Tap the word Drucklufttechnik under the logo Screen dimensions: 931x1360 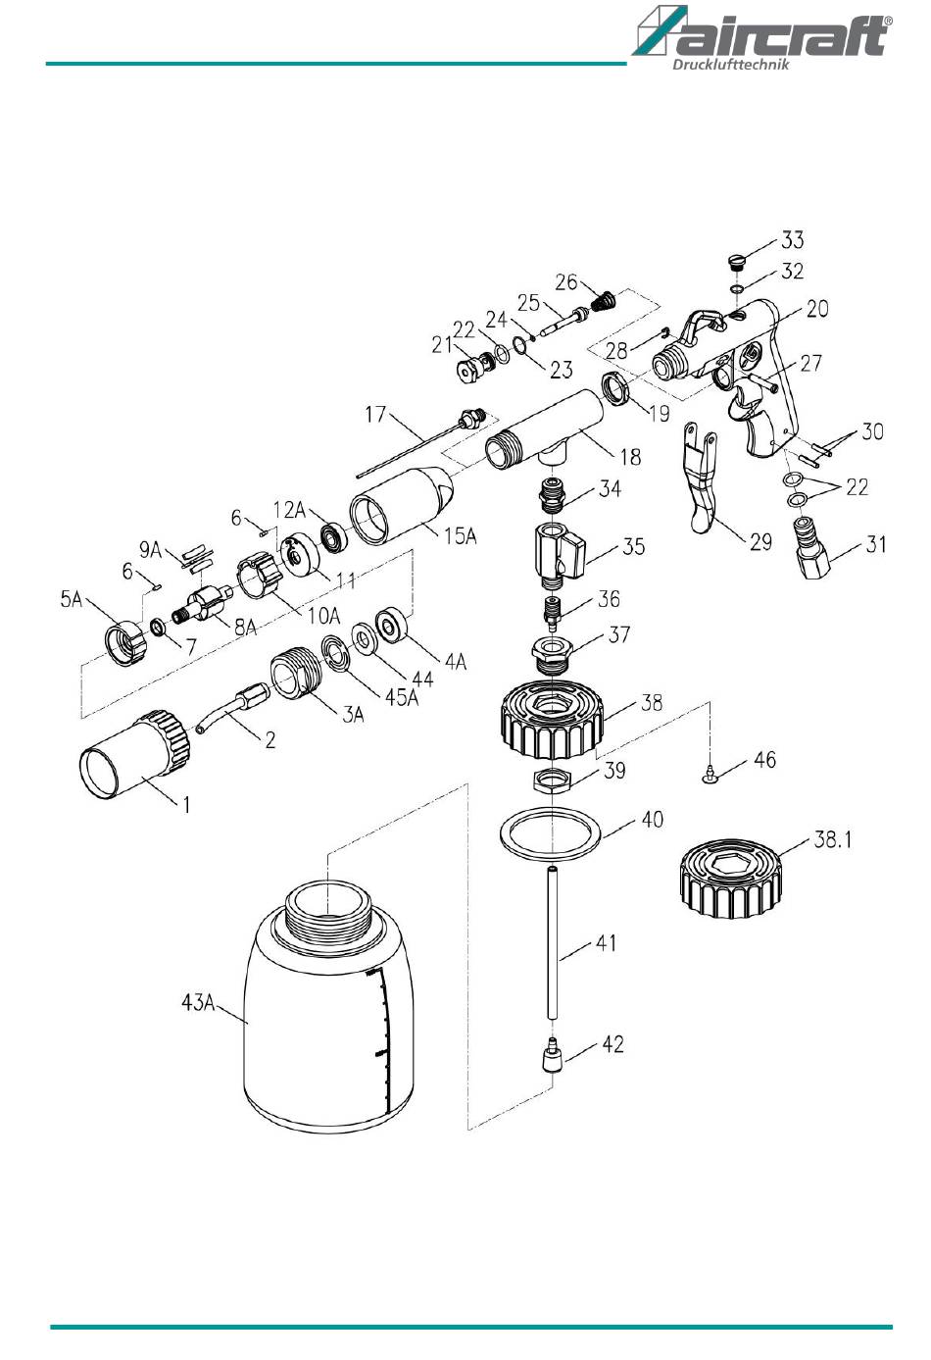pyautogui.click(x=731, y=65)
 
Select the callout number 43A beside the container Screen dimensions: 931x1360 pyautogui.click(x=198, y=1002)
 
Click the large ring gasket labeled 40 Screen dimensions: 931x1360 pyautogui.click(x=550, y=832)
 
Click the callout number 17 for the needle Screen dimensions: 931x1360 pyautogui.click(x=375, y=414)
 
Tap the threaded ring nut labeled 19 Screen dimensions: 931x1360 pyautogui.click(x=617, y=388)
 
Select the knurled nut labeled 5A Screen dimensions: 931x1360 pyautogui.click(x=125, y=643)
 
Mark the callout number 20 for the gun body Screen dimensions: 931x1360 pyautogui.click(x=817, y=309)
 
